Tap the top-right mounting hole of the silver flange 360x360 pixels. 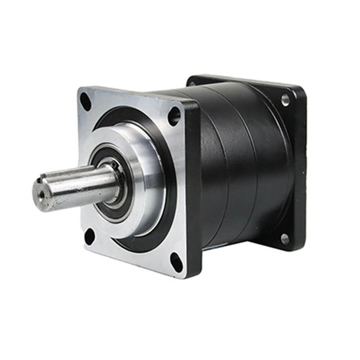(175, 115)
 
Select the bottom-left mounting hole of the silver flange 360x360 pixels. (89, 236)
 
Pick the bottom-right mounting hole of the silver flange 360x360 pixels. (177, 262)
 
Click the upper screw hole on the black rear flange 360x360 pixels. (285, 99)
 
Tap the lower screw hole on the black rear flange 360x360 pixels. (284, 239)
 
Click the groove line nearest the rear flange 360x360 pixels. (255, 162)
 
